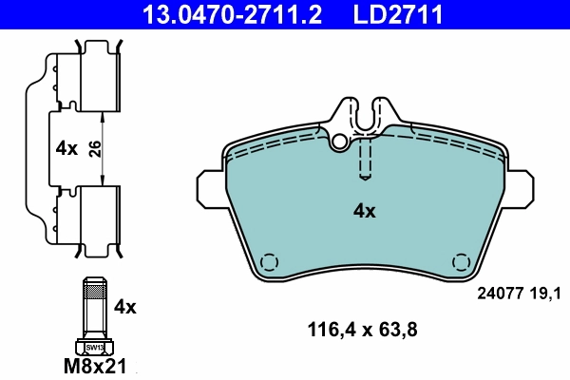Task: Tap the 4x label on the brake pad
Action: pos(364,212)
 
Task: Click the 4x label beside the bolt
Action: pos(125,307)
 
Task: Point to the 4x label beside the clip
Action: pos(66,149)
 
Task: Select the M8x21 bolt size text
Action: pos(96,365)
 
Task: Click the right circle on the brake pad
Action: pos(462,262)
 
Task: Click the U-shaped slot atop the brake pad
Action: pos(365,118)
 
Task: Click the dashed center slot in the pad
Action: pos(365,158)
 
